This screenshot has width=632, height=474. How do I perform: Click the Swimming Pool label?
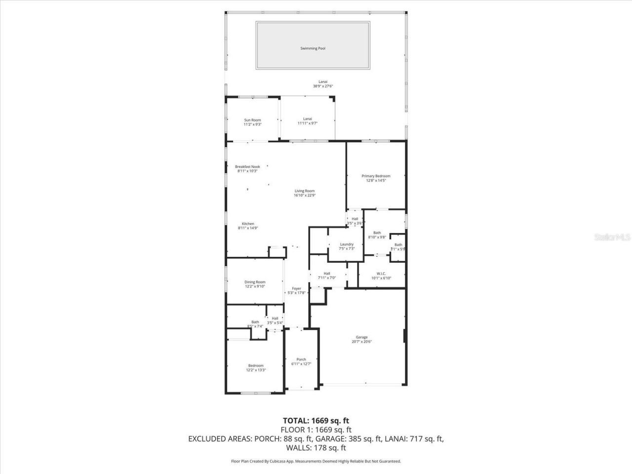313,48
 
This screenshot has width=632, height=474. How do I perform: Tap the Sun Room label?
252,120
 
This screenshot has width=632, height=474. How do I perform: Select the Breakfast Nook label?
247,167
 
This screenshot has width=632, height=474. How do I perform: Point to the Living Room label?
305,191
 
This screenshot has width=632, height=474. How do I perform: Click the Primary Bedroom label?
376,176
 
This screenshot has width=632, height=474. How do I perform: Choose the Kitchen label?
248,224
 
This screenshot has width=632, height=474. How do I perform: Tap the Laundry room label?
347,244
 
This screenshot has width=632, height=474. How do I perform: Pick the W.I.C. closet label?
381,274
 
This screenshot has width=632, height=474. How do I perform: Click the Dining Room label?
255,282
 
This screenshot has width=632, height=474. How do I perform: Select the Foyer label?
296,288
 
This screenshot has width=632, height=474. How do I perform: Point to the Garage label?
361,337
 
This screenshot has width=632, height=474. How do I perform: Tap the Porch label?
301,359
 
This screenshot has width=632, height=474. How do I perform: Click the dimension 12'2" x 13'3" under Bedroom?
256,370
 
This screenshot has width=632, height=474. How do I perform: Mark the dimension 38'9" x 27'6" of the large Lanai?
323,86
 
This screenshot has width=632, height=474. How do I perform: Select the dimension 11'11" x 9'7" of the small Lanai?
307,123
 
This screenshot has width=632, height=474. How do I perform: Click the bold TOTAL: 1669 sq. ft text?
316,421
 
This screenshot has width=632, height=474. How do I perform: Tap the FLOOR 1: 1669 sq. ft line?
316,430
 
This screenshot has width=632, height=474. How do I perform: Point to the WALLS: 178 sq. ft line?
316,448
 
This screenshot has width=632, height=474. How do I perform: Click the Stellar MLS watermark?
612,237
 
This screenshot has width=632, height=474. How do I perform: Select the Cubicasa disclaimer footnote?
316,461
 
